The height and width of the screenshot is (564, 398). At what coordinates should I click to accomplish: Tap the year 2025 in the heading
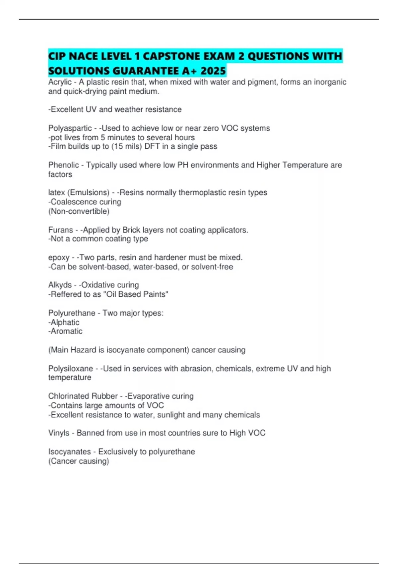click(x=213, y=71)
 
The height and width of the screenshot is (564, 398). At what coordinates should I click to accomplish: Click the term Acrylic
click(x=60, y=82)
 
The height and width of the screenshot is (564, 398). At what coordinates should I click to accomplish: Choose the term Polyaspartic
click(x=70, y=128)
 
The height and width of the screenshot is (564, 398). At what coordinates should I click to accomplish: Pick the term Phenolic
click(x=63, y=165)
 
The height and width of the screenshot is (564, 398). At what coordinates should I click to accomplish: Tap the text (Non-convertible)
click(x=79, y=211)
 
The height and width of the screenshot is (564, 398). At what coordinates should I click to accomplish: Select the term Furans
click(x=60, y=230)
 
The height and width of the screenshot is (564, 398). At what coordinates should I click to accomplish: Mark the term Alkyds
click(x=60, y=285)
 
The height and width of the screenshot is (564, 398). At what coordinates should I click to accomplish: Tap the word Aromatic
click(x=66, y=331)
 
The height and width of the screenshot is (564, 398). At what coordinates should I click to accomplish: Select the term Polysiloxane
click(x=71, y=369)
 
